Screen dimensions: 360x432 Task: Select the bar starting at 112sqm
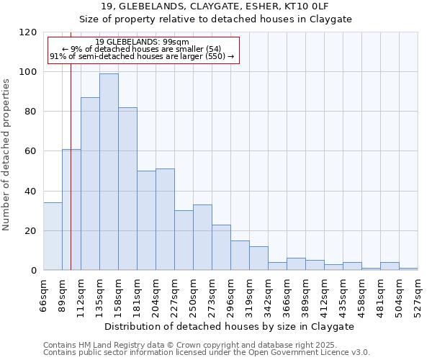(x=90, y=184)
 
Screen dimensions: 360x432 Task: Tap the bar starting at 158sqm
(x=127, y=189)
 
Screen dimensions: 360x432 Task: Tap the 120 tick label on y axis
(x=29, y=32)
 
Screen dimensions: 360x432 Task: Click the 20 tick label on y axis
(x=32, y=230)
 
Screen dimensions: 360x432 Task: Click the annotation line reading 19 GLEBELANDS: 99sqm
(x=142, y=42)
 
